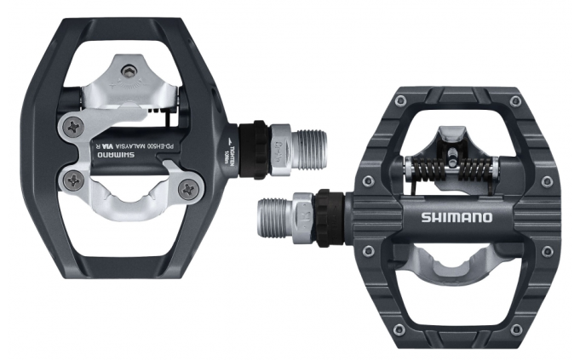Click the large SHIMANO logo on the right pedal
[456, 218]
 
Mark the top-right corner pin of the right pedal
[515, 102]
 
